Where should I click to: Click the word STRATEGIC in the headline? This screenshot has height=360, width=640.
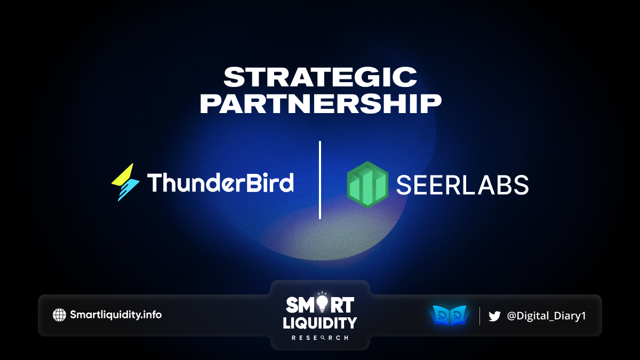[321, 77]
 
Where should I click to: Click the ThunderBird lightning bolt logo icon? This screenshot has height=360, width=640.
[125, 182]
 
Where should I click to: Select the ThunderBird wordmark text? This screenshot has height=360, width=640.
[220, 182]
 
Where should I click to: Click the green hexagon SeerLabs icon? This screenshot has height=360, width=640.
[367, 185]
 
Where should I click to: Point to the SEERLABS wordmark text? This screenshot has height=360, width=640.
[462, 185]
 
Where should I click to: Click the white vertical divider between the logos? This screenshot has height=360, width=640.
[320, 180]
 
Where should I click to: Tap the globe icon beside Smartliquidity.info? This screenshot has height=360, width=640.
[59, 315]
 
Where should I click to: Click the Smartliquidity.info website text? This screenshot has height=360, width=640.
[116, 315]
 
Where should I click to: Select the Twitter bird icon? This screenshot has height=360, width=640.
[494, 316]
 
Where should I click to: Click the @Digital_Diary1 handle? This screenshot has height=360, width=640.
[546, 316]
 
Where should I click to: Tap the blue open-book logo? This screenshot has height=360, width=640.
[450, 315]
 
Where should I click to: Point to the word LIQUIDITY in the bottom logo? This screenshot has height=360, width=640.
[320, 323]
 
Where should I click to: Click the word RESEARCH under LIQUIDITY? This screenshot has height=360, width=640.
[320, 338]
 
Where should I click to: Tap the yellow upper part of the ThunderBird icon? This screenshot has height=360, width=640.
[123, 175]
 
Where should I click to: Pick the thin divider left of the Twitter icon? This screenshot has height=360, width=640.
[479, 316]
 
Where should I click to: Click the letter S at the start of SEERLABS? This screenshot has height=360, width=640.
[404, 185]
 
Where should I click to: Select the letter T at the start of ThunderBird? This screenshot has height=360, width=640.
[155, 182]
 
